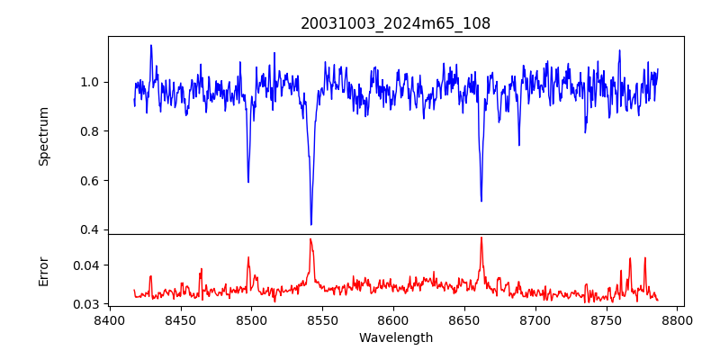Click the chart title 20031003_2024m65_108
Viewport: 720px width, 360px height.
[x=396, y=24]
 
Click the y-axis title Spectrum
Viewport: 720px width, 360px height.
[x=43, y=136]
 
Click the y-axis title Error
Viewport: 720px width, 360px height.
[x=43, y=270]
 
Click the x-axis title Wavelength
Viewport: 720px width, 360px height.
[x=396, y=338]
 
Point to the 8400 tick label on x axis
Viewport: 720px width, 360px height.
[x=109, y=319]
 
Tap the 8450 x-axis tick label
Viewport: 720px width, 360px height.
[x=180, y=319]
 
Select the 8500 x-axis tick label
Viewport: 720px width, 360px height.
[x=251, y=319]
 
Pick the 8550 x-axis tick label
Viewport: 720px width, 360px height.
[x=322, y=319]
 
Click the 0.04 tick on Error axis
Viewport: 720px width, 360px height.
[x=87, y=265]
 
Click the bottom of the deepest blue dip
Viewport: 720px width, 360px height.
[x=311, y=224]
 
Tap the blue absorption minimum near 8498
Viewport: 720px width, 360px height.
[x=248, y=182]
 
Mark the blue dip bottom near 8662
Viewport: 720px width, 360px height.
[x=481, y=201]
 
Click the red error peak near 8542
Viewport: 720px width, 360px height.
[x=310, y=239]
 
